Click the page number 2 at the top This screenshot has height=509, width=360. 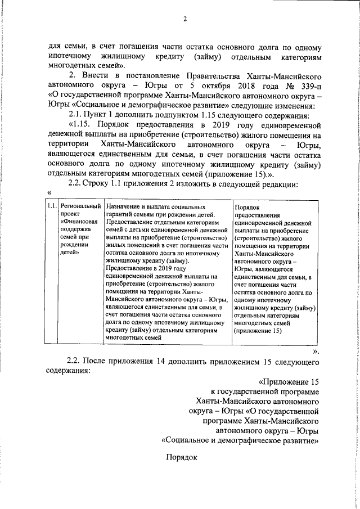coord(184,20)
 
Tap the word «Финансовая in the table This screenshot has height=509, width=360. coord(80,222)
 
